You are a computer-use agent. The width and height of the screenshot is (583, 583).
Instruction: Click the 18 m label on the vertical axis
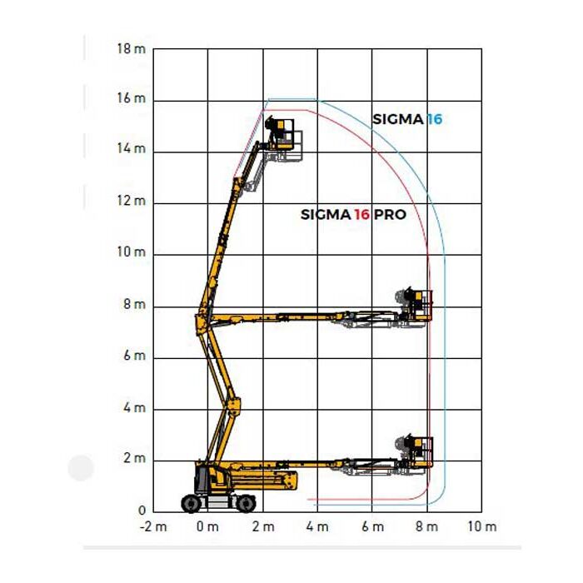pos(132,48)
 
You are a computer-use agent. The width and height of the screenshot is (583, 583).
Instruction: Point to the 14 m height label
pos(132,149)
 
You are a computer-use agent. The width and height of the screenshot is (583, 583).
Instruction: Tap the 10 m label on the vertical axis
pos(132,252)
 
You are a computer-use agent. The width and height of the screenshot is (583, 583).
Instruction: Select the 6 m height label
pos(134,356)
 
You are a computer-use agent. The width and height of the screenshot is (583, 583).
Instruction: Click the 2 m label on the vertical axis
pos(134,458)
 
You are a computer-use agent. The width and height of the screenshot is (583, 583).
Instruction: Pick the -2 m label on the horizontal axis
pos(153,527)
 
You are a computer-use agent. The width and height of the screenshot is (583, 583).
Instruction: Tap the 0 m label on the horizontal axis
pos(207,527)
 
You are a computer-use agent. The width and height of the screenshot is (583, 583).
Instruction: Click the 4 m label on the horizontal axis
pos(317,527)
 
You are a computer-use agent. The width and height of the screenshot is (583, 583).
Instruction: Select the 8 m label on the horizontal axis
pos(426,527)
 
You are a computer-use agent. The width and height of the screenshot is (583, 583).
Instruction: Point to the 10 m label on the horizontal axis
pos(482,527)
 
